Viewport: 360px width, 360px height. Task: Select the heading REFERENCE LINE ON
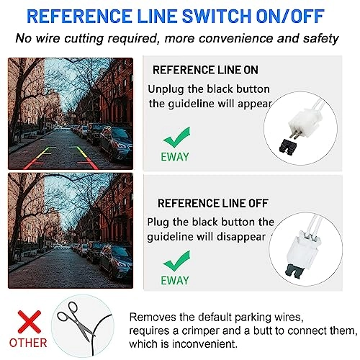click(x=205, y=70)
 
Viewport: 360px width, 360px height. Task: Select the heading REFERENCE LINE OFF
click(x=213, y=203)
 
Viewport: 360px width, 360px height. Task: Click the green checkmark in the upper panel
click(x=177, y=137)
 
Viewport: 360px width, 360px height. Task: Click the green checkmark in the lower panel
click(x=177, y=261)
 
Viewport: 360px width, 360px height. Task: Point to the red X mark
click(x=30, y=322)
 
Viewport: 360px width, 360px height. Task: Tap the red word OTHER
click(x=28, y=343)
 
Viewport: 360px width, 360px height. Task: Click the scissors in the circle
click(x=74, y=320)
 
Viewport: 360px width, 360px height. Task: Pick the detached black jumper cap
click(x=288, y=146)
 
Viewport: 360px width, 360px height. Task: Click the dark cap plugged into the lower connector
click(x=294, y=270)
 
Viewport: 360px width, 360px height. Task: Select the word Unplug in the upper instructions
click(x=166, y=90)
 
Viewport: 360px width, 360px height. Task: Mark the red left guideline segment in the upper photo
click(x=33, y=163)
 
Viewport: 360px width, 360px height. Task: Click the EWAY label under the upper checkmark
click(x=175, y=157)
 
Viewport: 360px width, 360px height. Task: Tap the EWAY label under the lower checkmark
click(x=175, y=281)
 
